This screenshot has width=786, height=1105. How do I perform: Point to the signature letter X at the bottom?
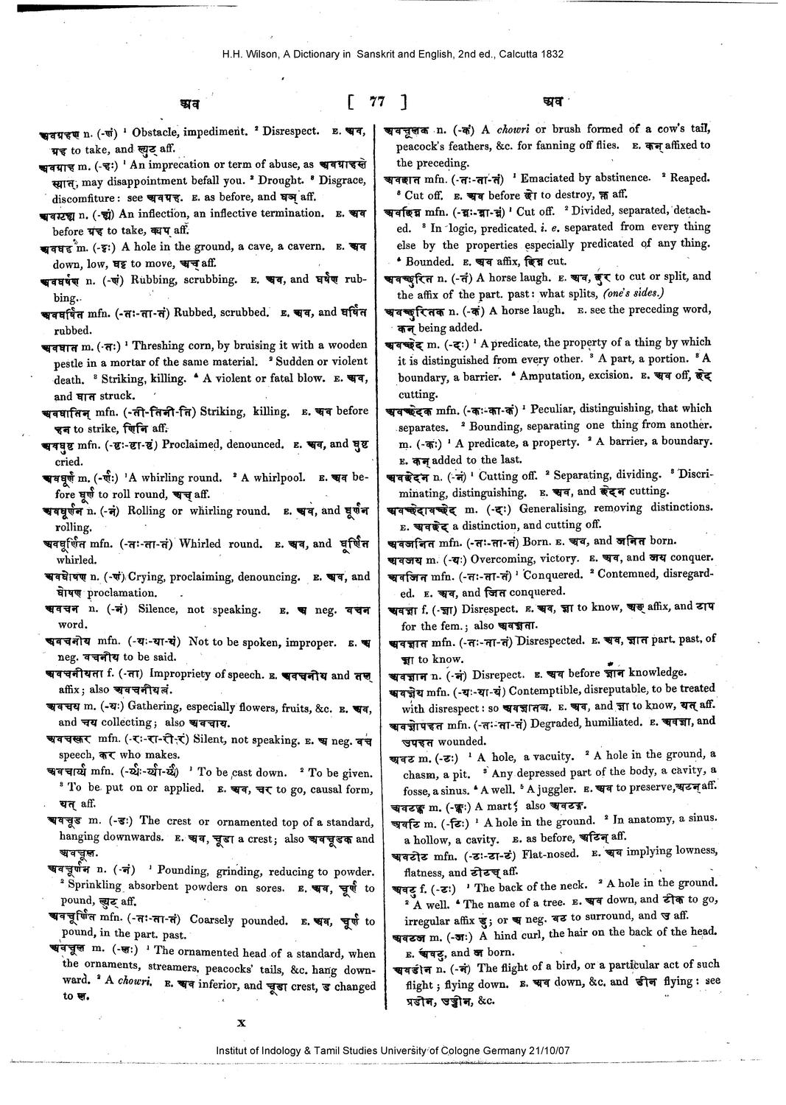coord(241,1022)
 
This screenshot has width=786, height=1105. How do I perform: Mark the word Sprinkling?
coord(93,888)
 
